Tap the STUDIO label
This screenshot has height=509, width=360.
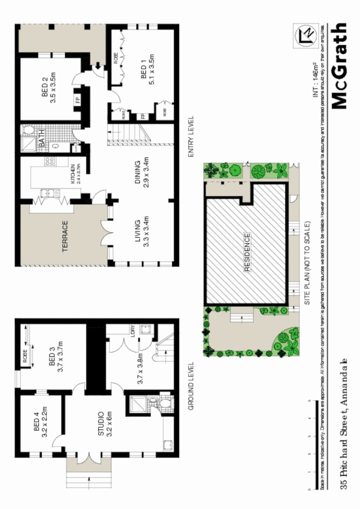click(x=101, y=423)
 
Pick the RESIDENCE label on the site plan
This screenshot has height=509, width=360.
click(x=247, y=252)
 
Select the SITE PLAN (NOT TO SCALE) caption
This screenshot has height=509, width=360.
click(x=307, y=263)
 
